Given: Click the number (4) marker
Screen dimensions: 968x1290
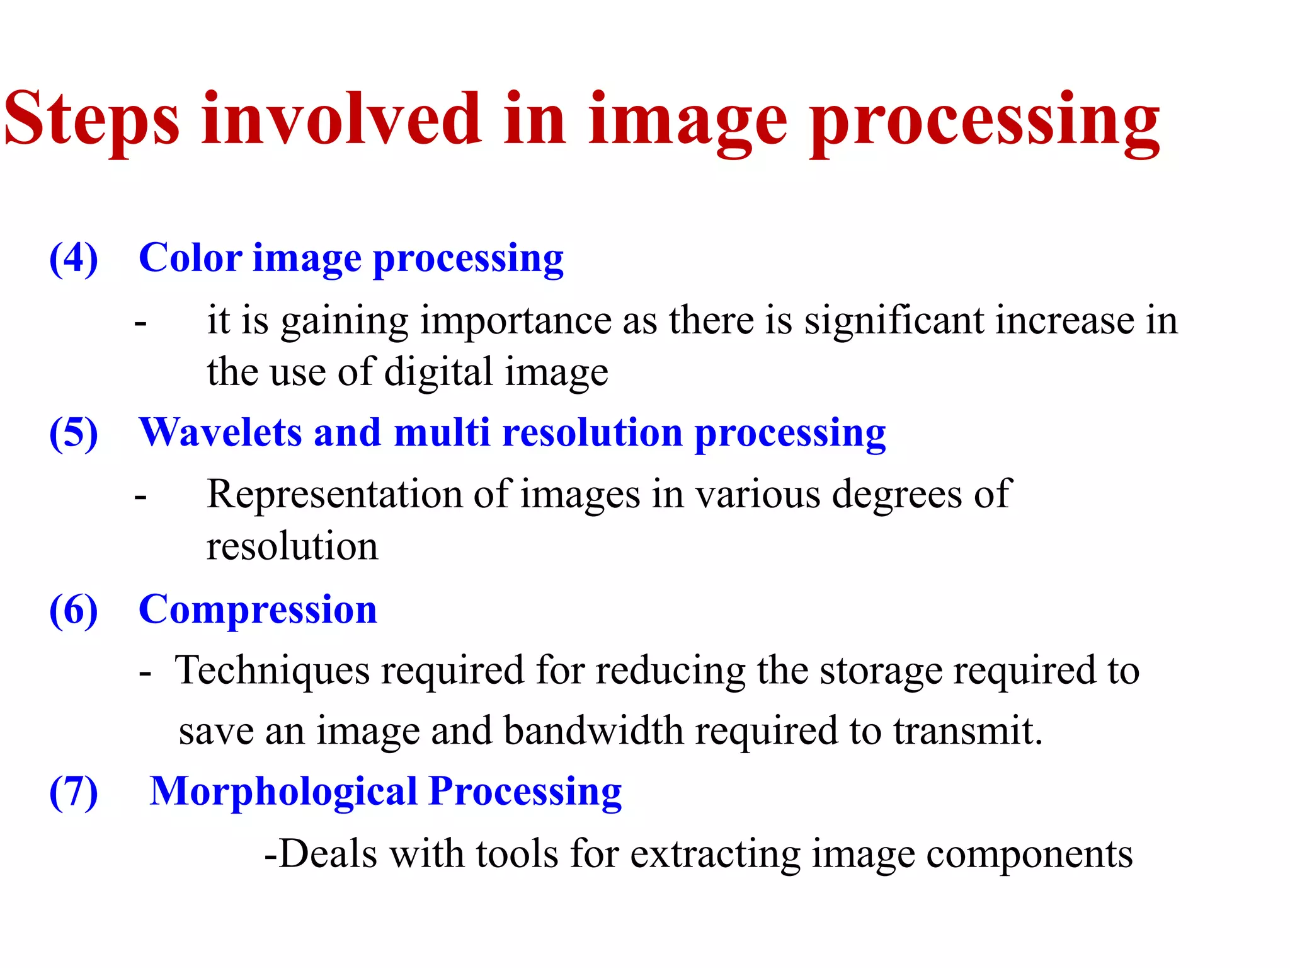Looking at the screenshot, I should point(74,258).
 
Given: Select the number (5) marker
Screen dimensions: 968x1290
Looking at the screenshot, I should point(74,434).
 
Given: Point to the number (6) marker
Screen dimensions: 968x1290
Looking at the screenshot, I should point(74,610).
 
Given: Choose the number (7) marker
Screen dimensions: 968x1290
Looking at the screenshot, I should point(74,792).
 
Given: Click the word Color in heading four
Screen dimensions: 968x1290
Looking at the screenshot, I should point(190,258).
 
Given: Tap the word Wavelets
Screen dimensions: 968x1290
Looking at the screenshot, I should point(220,434).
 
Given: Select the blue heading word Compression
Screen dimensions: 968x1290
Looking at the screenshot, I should point(258,610).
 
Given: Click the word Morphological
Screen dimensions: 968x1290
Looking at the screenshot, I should point(283,792).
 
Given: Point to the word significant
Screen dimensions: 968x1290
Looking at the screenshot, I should point(894,321).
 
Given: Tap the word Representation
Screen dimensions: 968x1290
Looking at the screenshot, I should point(334,495).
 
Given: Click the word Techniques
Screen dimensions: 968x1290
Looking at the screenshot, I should point(271,671).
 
